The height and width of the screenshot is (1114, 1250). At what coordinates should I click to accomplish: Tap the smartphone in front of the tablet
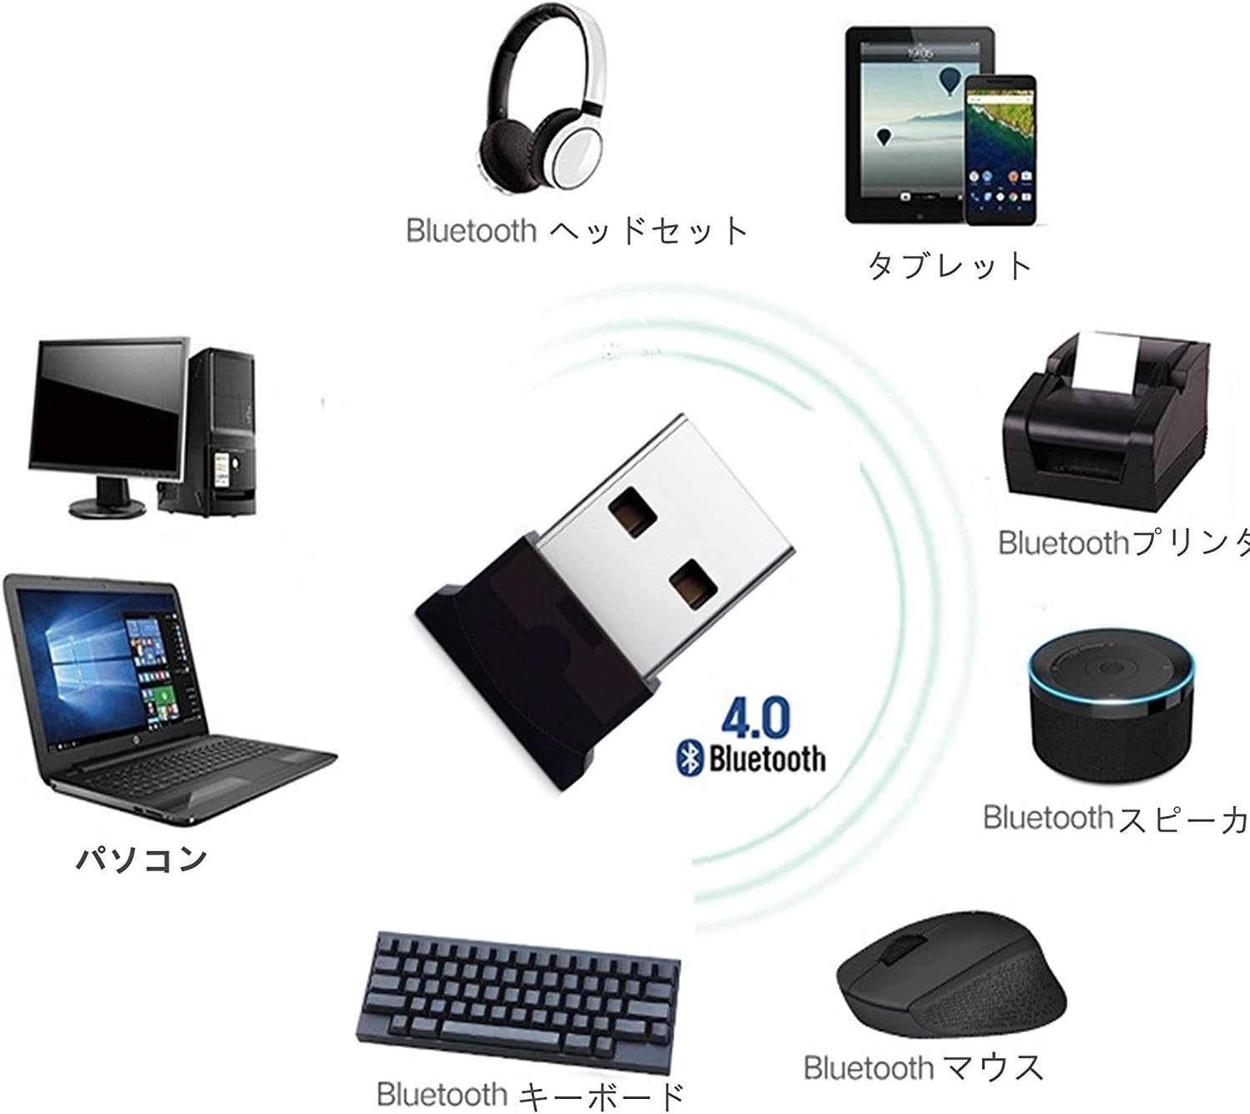tap(999, 150)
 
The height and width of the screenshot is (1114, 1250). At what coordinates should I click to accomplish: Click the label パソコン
tap(140, 858)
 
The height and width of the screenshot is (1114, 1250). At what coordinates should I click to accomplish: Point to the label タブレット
tap(950, 265)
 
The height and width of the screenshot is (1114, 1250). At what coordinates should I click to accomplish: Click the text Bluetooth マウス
tap(923, 1066)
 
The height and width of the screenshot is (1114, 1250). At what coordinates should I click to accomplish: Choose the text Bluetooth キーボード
tap(531, 1094)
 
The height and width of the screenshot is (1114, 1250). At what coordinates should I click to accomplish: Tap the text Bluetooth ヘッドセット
tap(577, 229)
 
